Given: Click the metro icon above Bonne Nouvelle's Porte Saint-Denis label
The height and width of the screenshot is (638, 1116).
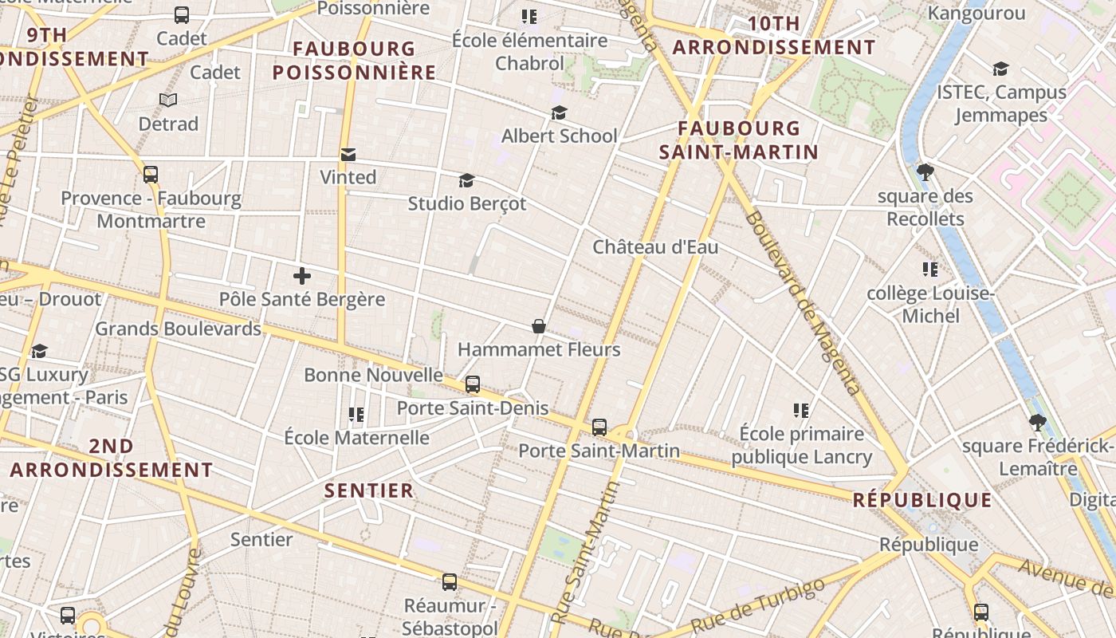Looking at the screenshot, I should [x=473, y=384].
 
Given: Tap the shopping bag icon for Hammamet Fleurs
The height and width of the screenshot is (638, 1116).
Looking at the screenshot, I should [x=539, y=326].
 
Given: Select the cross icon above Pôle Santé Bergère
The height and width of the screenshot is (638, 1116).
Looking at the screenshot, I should [x=301, y=276].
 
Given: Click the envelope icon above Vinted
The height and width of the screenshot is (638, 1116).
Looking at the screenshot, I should [x=348, y=154].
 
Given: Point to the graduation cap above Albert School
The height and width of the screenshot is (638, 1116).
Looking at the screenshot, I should [x=559, y=113].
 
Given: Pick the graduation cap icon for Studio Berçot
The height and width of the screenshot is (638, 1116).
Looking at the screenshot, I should [x=466, y=181].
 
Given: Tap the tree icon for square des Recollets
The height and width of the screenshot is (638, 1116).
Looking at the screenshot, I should [x=925, y=171].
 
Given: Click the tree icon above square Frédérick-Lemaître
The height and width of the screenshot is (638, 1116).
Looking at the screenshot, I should [x=1037, y=422].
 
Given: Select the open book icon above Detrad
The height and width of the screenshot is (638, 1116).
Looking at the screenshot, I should [x=167, y=100].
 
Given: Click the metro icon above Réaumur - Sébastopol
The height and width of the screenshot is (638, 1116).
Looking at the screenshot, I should [x=450, y=582].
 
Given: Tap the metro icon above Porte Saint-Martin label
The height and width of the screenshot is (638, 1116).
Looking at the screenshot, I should [x=599, y=427].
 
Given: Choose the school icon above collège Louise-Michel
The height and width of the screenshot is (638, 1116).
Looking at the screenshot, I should [x=929, y=270].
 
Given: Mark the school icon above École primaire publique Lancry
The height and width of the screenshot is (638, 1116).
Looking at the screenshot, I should [x=801, y=411].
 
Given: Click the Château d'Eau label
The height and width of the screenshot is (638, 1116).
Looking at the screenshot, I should [x=655, y=247].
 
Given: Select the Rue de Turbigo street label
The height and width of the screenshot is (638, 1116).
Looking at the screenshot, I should [x=758, y=606].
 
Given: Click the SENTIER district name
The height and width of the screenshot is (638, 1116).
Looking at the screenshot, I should [x=369, y=490].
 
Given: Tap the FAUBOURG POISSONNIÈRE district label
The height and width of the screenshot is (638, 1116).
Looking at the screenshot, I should [x=355, y=61].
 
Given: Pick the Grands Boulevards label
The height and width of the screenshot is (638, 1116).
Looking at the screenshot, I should [x=178, y=329].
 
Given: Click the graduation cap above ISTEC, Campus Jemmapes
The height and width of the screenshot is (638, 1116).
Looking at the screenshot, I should [x=1000, y=69].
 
